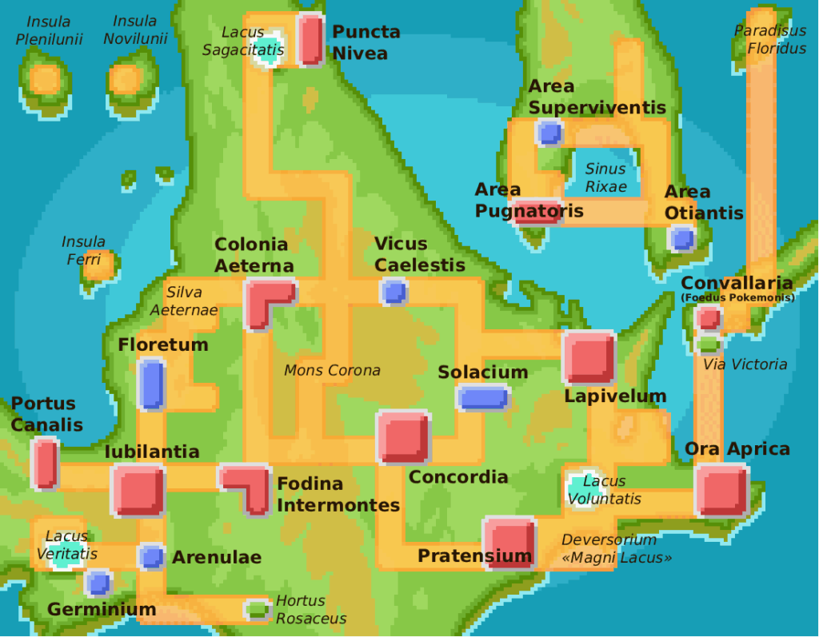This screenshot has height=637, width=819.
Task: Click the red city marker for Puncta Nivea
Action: pyautogui.click(x=310, y=39)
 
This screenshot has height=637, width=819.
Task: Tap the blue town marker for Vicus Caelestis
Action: pyautogui.click(x=394, y=292)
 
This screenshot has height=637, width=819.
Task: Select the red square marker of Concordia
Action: pyautogui.click(x=403, y=436)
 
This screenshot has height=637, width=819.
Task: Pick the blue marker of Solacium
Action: pyautogui.click(x=482, y=397)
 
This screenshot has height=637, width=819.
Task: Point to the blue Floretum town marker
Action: pyautogui.click(x=151, y=384)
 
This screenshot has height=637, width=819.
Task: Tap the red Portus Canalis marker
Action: pyautogui.click(x=45, y=464)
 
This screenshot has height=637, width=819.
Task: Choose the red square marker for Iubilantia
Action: pyautogui.click(x=138, y=490)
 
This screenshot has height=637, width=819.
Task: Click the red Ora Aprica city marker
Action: pyautogui.click(x=721, y=490)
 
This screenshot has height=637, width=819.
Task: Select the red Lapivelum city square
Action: pyautogui.click(x=589, y=357)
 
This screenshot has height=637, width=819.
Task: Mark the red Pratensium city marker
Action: pyautogui.click(x=509, y=543)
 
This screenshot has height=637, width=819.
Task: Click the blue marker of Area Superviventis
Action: pyautogui.click(x=549, y=132)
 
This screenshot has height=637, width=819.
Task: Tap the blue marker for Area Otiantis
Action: pyautogui.click(x=681, y=238)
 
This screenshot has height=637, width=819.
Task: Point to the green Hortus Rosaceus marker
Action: pyautogui.click(x=257, y=610)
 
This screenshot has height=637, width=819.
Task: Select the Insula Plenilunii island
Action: pyautogui.click(x=45, y=81)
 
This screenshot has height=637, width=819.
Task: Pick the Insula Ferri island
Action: pyautogui.click(x=99, y=266)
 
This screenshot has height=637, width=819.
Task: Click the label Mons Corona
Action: pyautogui.click(x=332, y=371)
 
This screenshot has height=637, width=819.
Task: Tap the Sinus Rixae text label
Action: pyautogui.click(x=605, y=177)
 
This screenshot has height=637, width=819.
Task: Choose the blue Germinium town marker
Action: pyautogui.click(x=98, y=583)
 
